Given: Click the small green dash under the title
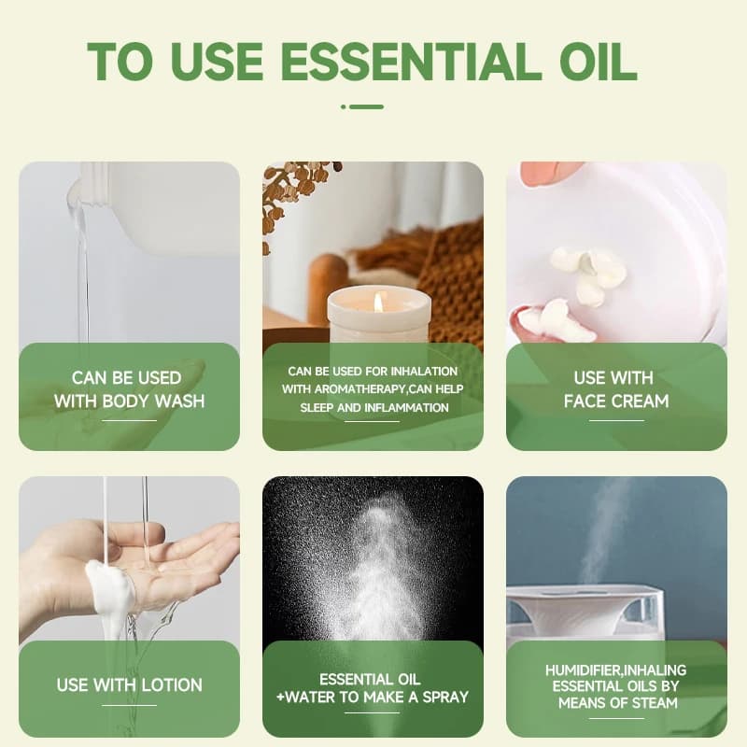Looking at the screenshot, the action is (x=362, y=106).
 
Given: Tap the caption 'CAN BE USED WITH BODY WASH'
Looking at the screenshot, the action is (x=129, y=389).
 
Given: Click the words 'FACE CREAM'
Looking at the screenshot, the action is (x=616, y=402).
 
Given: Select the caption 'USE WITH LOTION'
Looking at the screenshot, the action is (x=129, y=685).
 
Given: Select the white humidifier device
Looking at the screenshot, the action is (x=585, y=614).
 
